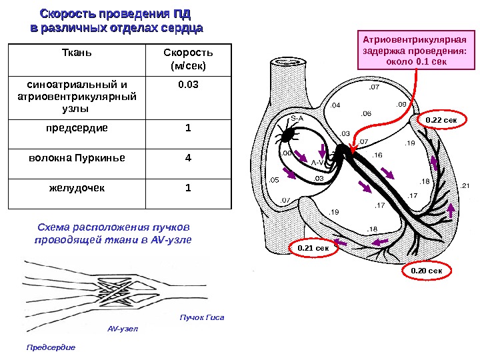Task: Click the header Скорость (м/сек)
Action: tap(187, 59)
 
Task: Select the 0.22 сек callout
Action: tap(441, 120)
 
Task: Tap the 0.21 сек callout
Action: tap(313, 248)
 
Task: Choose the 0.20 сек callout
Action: tap(427, 271)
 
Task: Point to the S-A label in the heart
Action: tap(297, 118)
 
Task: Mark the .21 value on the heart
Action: tap(465, 185)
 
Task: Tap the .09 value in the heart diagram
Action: tap(401, 105)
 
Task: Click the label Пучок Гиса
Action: tap(203, 318)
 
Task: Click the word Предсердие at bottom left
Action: tap(51, 347)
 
